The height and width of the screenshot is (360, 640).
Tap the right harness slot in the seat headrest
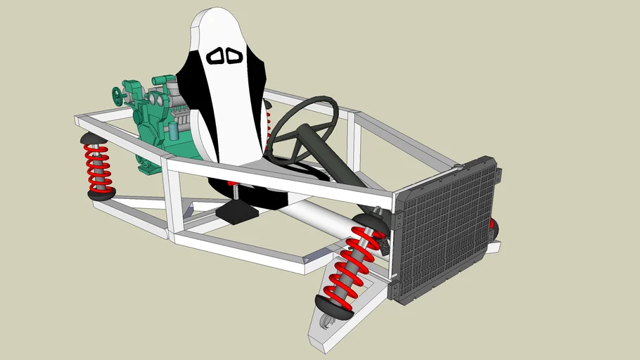[x=234, y=56]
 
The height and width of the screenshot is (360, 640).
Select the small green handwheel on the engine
[x=117, y=96]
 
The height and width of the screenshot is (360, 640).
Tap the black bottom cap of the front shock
[x=333, y=307]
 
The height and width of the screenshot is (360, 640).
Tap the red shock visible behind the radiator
[x=493, y=227]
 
